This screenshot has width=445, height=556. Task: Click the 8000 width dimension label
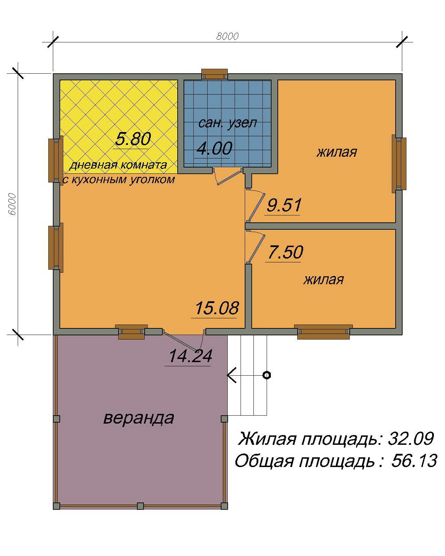227,36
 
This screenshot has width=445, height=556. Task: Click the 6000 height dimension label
12,204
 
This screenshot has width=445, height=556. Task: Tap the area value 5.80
133,139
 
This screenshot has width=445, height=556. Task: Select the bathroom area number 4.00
215,149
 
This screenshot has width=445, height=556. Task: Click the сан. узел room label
228,123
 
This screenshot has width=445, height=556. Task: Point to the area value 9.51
284,205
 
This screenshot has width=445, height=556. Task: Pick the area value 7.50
285,252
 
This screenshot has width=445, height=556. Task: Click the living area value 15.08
217,308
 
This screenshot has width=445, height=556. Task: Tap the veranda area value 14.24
190,356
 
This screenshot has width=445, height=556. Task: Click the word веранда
139,418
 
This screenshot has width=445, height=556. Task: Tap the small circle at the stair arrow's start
267,375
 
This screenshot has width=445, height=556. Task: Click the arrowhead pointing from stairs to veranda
232,375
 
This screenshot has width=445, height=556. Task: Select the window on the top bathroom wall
215,74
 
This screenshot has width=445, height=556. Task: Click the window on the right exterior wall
399,164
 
